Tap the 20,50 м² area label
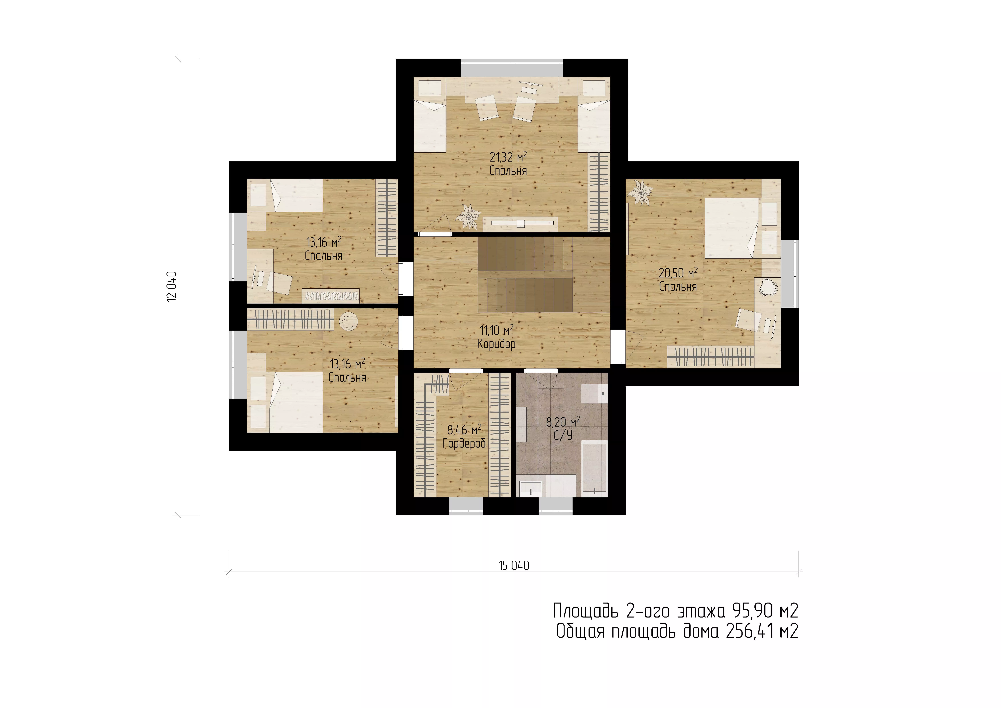(x=678, y=273)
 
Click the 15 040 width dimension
(x=514, y=566)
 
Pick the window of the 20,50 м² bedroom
(x=790, y=274)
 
